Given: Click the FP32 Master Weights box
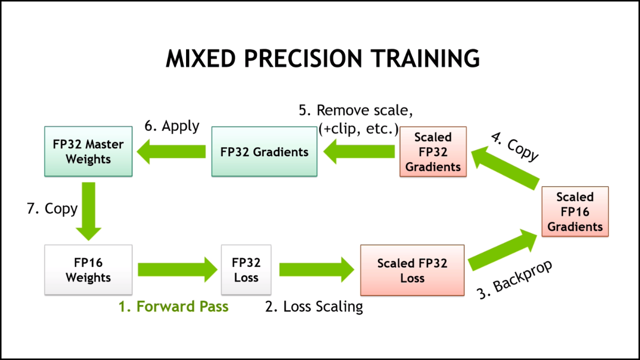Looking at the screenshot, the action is coord(88,151).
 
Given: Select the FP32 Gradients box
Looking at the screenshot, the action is coord(264,151).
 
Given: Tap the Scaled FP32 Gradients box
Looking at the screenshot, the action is coord(433,151).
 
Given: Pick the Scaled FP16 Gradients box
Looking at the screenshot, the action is coord(575,211).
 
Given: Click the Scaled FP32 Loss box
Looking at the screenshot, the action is coord(412,270).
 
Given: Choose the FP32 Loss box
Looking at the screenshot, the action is coord(246,269).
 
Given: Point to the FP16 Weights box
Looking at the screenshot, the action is coord(88,269).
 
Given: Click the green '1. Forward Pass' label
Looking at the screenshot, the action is coord(173,306).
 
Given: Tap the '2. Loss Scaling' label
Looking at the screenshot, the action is coord(314,307).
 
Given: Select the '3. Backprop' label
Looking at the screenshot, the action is coord(514,279).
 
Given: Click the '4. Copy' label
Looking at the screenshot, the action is coord(514,147).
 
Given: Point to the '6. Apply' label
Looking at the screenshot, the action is coord(171,126).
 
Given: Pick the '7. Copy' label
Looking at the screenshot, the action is coord(52,209).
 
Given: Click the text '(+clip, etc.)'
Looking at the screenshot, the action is coord(358,129).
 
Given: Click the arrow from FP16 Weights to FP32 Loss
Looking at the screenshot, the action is coord(177,269).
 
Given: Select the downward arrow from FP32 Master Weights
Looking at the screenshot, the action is coord(88,211).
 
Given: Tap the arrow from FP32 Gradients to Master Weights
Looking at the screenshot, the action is coord(171,151).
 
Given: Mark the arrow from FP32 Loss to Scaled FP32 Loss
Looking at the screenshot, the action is coord(317,269).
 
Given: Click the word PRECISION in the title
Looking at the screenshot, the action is coord(303,58).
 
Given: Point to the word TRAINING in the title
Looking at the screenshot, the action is coord(425,58).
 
